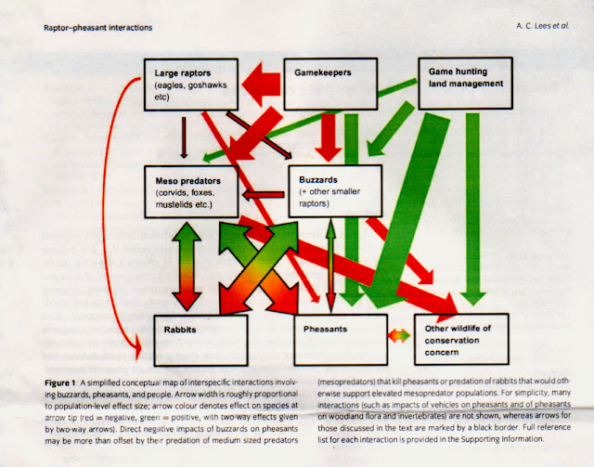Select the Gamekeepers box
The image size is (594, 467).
(x=330, y=79)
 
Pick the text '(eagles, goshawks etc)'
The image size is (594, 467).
(x=183, y=93)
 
